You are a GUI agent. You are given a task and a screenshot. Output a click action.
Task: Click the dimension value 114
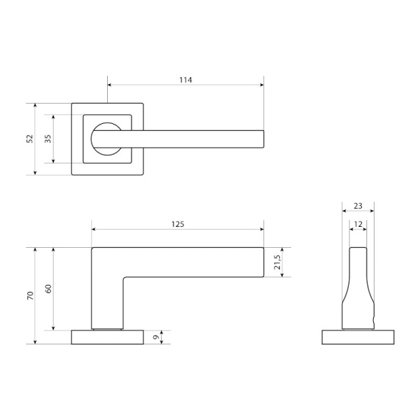185,80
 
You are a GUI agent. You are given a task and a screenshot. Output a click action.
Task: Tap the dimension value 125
178,224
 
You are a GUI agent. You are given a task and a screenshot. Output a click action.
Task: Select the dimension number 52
30,139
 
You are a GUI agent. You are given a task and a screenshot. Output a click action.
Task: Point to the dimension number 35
48,139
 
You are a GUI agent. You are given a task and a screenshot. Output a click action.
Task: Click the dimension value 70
30,295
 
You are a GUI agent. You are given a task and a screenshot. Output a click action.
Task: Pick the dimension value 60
48,288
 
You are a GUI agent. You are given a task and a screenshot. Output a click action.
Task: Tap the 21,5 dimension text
277,262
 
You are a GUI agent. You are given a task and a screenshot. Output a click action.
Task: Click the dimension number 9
155,337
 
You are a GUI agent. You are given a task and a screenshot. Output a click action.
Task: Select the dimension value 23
358,206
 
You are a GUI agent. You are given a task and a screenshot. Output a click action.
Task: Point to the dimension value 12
358,224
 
